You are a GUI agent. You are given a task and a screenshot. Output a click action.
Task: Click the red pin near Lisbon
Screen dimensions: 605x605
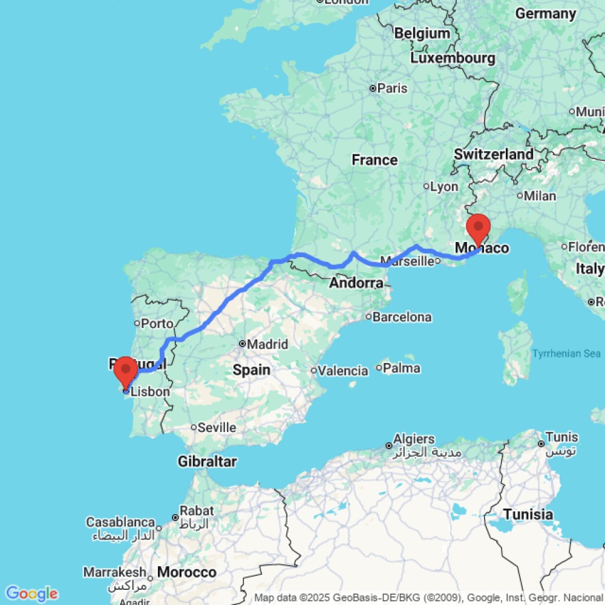[126, 368]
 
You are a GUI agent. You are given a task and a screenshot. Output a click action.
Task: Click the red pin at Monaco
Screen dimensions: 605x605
[479, 227]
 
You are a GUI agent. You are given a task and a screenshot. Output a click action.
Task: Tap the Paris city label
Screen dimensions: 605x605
[392, 88]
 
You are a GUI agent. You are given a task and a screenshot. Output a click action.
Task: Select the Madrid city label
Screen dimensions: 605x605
[267, 344]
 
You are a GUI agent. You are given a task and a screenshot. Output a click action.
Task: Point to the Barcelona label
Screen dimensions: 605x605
[402, 317]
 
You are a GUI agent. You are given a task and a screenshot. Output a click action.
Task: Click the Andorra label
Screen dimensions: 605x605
[356, 283]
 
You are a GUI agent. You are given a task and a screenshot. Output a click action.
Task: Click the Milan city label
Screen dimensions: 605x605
[540, 196]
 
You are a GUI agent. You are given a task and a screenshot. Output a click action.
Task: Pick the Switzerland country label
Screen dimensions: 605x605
[494, 154]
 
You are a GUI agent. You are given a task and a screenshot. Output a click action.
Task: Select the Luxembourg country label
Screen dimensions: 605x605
[453, 59]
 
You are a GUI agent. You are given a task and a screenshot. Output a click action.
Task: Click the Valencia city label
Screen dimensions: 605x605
[343, 371]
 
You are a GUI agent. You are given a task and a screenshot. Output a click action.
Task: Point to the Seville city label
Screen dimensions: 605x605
[217, 428]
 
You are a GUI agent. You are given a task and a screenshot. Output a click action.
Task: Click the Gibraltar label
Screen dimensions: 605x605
[207, 462]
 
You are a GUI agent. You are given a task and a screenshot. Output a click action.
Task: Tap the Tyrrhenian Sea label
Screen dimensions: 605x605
[566, 354]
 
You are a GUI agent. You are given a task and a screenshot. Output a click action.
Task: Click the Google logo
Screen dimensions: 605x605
[31, 594]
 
